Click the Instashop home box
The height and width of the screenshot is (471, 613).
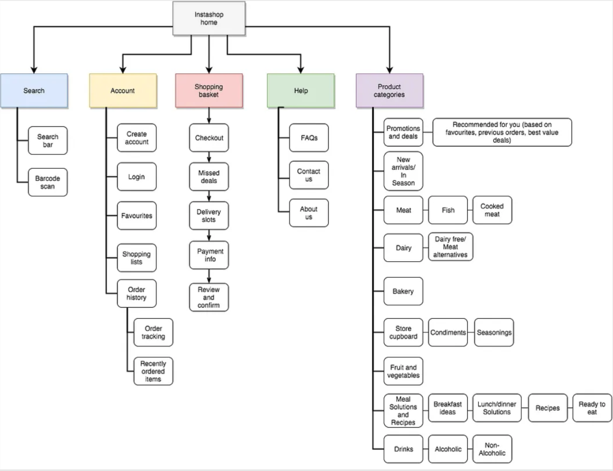[x=209, y=18]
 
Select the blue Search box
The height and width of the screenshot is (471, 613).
[x=34, y=90]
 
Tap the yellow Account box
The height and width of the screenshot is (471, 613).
[x=123, y=90]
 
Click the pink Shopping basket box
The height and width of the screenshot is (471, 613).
[x=209, y=90]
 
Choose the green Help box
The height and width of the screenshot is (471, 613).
[x=301, y=90]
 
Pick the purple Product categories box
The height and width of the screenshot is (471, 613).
[x=389, y=90]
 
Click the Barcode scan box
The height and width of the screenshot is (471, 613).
[x=47, y=182]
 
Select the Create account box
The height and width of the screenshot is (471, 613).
[x=136, y=137]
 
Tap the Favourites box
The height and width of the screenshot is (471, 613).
[x=136, y=215]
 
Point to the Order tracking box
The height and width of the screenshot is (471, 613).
[x=153, y=332]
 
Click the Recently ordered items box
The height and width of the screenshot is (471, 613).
[x=153, y=371]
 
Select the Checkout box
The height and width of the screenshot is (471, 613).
[x=209, y=137]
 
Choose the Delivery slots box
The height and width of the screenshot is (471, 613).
[x=209, y=215]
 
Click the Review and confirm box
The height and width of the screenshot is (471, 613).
[x=209, y=297]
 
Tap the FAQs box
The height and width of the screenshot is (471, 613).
[x=308, y=137]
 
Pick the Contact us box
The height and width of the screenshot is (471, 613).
[x=308, y=175]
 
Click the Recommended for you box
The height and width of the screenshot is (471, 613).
[x=501, y=132]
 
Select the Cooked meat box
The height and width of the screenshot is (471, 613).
[x=492, y=210]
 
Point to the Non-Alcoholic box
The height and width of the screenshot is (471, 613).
[x=492, y=449]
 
